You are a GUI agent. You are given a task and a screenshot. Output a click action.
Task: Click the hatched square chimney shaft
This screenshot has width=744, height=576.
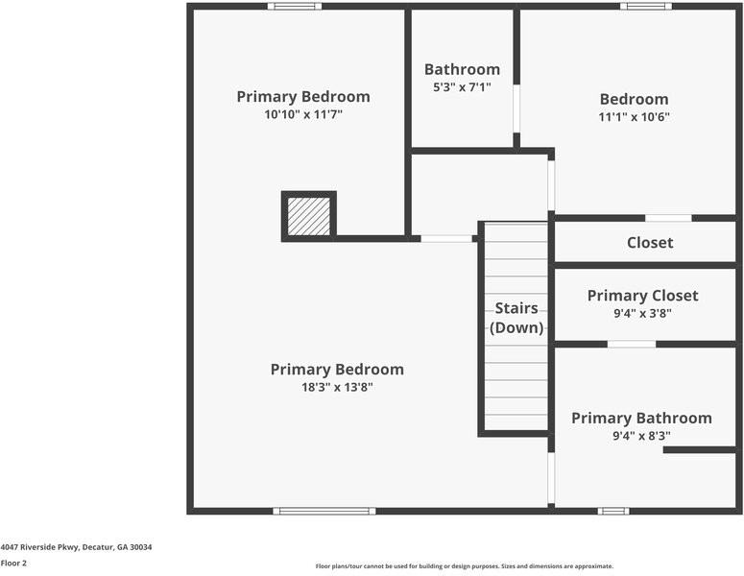click(308, 216)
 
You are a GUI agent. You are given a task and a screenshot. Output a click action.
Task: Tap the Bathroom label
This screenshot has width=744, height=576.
click(462, 69)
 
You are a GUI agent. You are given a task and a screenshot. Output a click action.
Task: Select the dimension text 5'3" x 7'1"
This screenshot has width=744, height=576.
click(462, 87)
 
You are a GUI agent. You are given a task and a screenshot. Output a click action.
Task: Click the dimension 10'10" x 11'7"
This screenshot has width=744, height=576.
click(303, 114)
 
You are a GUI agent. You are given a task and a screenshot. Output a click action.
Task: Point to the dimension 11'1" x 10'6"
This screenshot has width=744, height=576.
click(634, 117)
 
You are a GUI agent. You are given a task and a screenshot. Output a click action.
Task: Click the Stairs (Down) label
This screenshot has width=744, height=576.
click(516, 318)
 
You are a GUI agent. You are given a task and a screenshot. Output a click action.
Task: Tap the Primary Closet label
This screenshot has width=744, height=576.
click(642, 296)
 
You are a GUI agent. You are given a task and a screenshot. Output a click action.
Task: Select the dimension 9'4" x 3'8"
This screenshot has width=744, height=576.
click(642, 313)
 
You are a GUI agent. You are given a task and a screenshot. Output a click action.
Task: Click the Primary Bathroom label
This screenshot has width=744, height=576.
click(641, 418)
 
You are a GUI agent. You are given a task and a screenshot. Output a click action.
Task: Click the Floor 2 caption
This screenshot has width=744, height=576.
click(13, 564)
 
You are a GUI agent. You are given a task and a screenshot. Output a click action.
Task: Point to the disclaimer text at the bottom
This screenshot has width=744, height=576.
click(464, 566)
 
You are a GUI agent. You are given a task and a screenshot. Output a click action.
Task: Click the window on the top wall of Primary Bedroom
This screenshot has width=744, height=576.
click(295, 7)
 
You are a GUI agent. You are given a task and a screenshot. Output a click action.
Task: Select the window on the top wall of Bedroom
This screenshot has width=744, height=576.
click(645, 7)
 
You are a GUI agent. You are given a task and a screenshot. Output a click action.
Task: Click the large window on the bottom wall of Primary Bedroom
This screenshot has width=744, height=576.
click(324, 511)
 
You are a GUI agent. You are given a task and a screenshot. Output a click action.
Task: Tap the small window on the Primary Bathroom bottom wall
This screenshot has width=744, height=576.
click(611, 511)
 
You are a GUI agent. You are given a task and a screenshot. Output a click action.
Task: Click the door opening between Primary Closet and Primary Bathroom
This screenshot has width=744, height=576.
click(631, 344)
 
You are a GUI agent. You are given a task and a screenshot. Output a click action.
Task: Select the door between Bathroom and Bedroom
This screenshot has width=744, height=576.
click(516, 108)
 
